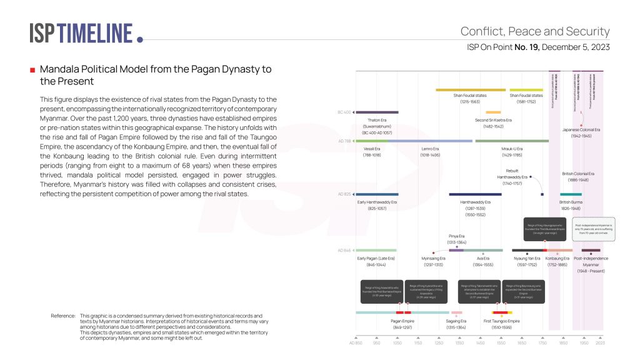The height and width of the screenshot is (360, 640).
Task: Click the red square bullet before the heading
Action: click(32, 70)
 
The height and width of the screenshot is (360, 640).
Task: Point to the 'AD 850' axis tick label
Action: click(356, 343)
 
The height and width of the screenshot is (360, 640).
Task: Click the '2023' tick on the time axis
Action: click(600, 343)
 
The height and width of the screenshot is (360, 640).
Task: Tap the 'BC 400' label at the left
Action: click(344, 112)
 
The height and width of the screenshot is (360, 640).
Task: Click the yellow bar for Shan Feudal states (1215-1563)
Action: click(470, 90)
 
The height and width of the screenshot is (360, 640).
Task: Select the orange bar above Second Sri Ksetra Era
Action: click(493, 112)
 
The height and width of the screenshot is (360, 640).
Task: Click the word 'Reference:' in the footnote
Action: click(63, 316)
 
